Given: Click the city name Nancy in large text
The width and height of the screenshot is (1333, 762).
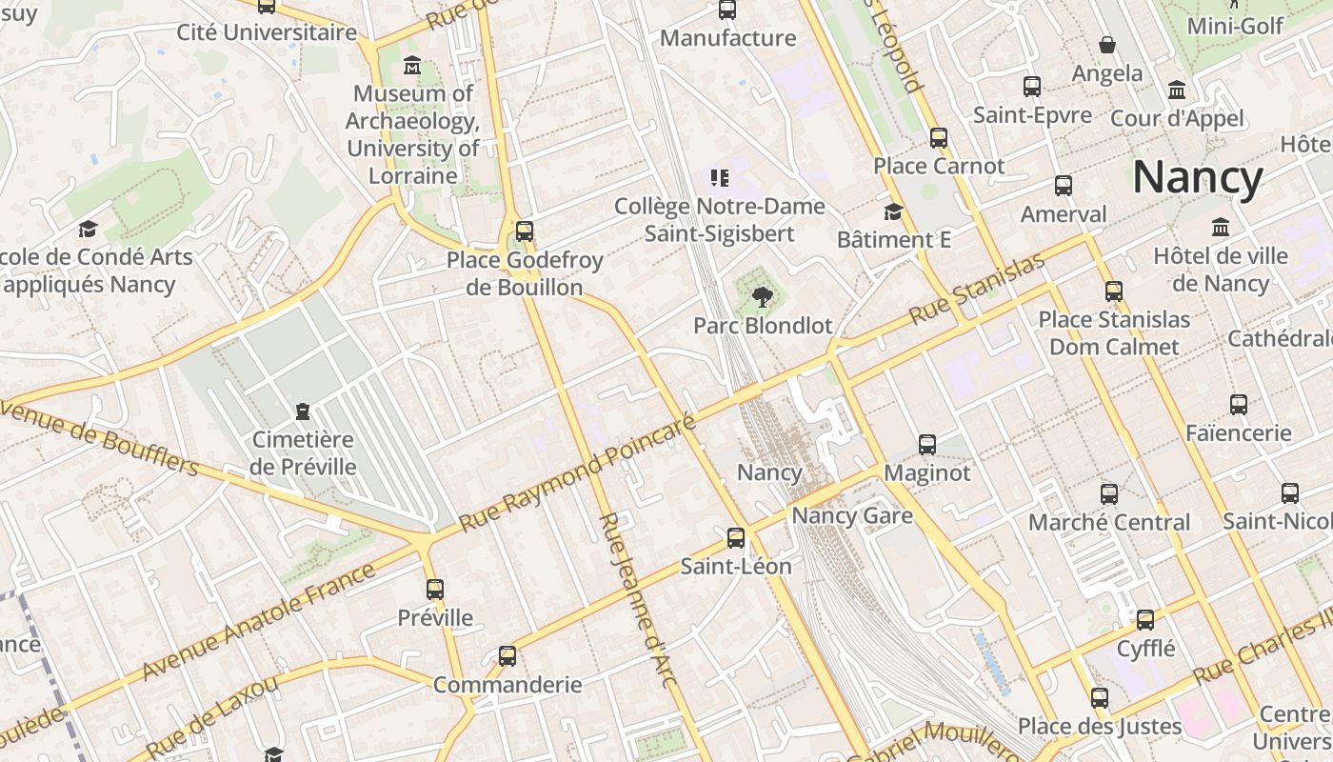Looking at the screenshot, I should (x=1197, y=178).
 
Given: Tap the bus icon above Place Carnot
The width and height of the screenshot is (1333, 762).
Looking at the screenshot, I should (x=939, y=138).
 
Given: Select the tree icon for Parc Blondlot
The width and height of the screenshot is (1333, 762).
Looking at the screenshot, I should (x=761, y=298).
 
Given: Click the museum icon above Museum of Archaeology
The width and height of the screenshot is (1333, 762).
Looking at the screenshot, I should (x=412, y=66).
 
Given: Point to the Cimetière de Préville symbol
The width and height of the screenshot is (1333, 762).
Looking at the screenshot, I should (x=303, y=411).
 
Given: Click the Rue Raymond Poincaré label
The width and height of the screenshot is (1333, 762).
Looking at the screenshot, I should (x=578, y=473).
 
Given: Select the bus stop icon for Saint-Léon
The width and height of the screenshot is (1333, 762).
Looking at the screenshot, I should (x=736, y=538).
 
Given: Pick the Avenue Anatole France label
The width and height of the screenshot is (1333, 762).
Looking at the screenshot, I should (x=259, y=622).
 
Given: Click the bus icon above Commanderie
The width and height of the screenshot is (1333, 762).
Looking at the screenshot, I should (x=507, y=656).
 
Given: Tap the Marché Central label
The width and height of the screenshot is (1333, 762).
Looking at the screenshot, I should (x=1109, y=522).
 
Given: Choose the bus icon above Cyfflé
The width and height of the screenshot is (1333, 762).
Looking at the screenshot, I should (x=1145, y=620).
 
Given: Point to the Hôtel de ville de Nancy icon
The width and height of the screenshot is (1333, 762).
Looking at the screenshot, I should (x=1221, y=228).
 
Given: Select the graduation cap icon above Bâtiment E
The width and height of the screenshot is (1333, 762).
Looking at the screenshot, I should (x=893, y=211).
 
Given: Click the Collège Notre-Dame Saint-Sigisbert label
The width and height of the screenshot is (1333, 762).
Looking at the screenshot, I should (x=719, y=220).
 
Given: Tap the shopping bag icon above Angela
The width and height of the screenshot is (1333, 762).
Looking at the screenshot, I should (x=1107, y=45).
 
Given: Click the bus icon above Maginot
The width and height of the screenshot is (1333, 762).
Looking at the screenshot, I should (x=927, y=445).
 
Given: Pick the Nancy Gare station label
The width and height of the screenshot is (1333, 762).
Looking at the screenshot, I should (x=852, y=516).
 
